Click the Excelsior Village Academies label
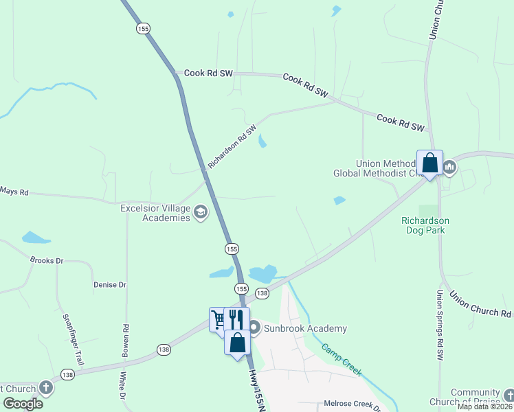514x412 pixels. click(155, 213)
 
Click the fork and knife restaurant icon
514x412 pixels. click(236, 319)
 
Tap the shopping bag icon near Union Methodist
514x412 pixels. click(430, 163)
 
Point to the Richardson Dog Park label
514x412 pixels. click(425, 225)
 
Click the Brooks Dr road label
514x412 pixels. click(47, 261)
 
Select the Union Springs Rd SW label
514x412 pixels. click(440, 325)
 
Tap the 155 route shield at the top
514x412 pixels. click(143, 29)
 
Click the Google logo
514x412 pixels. click(23, 403)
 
